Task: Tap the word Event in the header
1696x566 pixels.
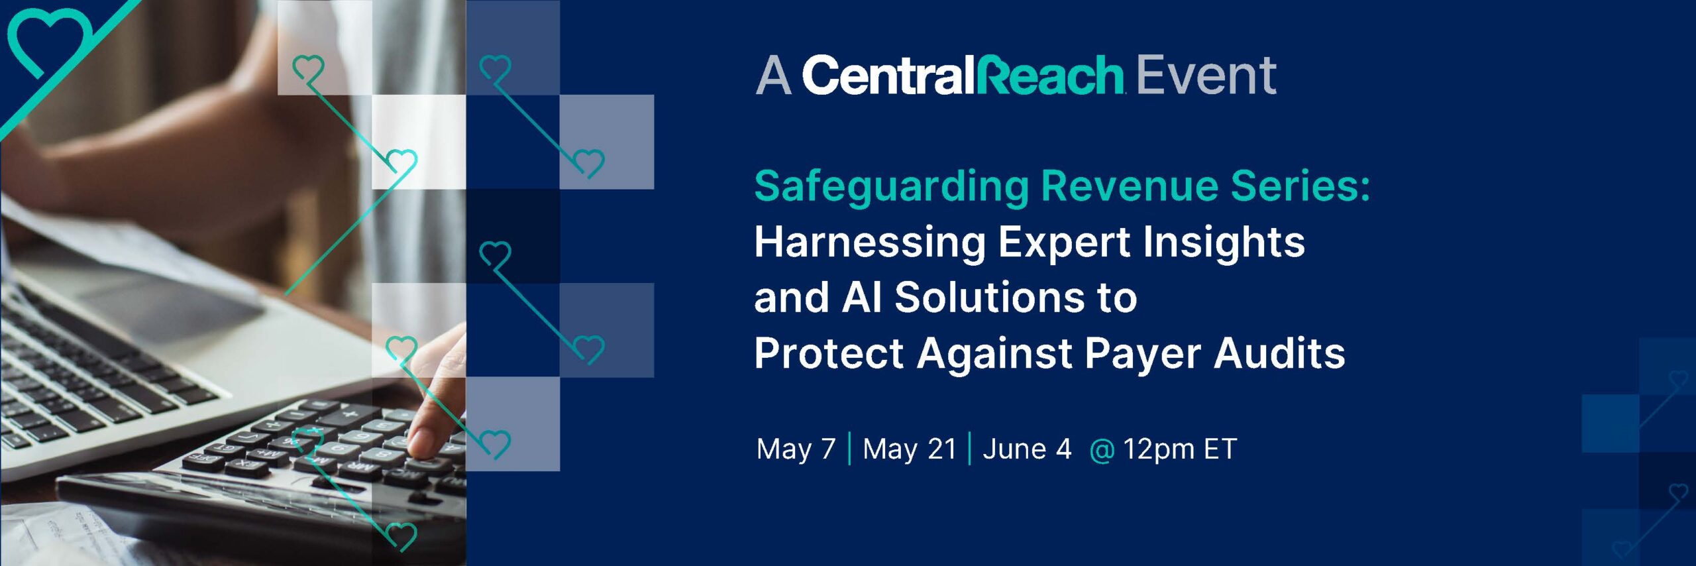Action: click(x=1206, y=75)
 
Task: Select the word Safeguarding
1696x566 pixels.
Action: click(x=891, y=187)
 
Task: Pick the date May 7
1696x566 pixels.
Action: click(x=796, y=449)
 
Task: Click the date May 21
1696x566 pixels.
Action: click(x=910, y=449)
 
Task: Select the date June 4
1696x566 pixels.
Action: click(x=1026, y=449)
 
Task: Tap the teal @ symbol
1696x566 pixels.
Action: click(x=1101, y=450)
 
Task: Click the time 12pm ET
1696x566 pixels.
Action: click(x=1180, y=449)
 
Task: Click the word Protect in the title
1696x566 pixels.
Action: click(x=829, y=353)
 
